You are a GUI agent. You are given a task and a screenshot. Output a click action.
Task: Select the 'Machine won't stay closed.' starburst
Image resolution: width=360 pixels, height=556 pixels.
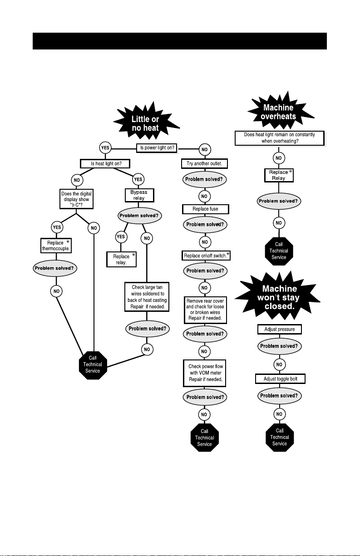coord(279,297)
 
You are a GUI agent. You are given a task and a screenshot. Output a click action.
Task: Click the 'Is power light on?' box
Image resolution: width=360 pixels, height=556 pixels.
coord(157,148)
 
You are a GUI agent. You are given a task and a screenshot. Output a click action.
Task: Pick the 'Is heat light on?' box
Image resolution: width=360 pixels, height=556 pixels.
coord(106,163)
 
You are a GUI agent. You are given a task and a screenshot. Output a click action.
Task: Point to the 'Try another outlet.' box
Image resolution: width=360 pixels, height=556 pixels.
coord(204,163)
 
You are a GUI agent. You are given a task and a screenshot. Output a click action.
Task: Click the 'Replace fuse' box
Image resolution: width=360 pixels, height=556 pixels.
coord(205,209)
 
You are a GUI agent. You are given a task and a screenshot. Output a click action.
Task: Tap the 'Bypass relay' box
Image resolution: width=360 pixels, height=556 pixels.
coord(139,195)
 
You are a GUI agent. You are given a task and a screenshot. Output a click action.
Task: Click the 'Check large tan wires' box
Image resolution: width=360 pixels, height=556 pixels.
coord(148,297)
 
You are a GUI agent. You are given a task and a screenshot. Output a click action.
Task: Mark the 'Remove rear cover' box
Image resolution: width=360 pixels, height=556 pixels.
coord(205,310)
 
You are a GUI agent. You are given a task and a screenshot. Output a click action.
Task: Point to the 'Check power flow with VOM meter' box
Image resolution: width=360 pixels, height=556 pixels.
coord(205,373)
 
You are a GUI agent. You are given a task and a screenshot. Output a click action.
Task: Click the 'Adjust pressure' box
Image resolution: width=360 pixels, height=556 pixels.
coord(279,329)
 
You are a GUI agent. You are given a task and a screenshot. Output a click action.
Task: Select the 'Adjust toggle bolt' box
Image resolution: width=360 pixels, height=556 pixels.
coord(280,379)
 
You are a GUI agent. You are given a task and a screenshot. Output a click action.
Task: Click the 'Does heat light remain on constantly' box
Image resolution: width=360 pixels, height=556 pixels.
coord(279,138)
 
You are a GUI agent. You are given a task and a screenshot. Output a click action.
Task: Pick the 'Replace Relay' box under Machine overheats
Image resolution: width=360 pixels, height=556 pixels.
coord(279,175)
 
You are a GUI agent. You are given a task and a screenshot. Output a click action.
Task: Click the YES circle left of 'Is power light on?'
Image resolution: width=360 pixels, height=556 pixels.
coord(106,148)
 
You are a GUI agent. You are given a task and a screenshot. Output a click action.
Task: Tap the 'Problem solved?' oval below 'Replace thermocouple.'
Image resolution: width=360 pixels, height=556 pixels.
coord(54,268)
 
